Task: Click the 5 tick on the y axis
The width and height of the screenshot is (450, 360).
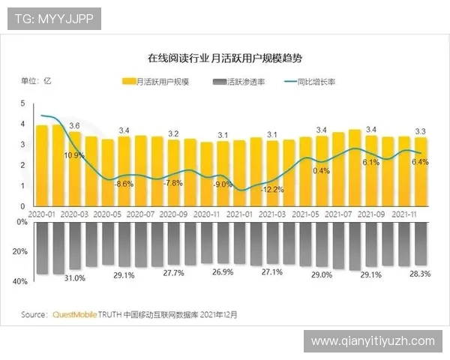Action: [22, 103]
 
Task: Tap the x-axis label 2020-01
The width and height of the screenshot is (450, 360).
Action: [42, 214]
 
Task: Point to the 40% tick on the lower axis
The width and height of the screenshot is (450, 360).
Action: [20, 282]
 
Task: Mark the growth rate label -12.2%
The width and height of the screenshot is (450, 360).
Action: [272, 190]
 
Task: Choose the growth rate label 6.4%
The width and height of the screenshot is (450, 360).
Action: [420, 162]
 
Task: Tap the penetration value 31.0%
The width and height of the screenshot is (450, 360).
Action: [74, 278]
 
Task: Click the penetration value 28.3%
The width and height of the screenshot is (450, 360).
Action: [420, 274]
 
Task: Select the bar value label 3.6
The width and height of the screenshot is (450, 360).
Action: [74, 125]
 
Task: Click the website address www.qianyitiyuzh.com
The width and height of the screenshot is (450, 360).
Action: [373, 341]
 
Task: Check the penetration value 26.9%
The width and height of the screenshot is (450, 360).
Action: [223, 272]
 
